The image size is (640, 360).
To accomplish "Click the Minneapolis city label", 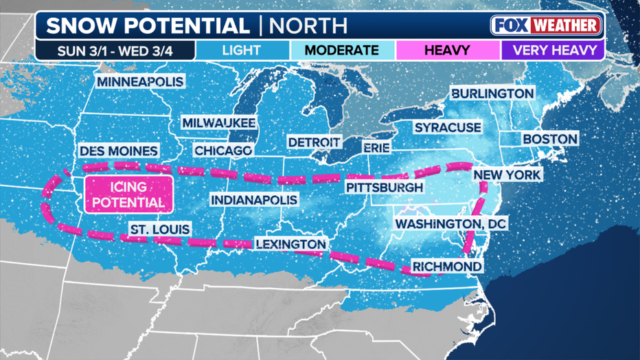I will [140, 82].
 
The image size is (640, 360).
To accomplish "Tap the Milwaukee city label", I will [218, 122].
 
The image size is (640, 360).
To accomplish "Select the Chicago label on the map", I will [223, 150].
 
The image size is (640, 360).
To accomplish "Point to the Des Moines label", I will [119, 150].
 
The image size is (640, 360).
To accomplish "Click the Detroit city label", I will [314, 142].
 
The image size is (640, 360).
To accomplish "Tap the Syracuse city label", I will [447, 128].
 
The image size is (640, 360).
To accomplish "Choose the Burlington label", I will [492, 93].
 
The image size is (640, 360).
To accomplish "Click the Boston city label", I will [550, 139].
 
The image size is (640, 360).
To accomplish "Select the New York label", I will [507, 175].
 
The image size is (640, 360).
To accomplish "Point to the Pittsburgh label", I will [384, 188].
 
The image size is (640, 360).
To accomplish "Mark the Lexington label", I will [290, 244].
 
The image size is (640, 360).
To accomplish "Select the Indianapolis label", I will [254, 200].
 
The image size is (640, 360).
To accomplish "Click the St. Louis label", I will [160, 229].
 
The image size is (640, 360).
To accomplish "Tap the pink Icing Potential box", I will [128, 194].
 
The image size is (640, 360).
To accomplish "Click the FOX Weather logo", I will [547, 26].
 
